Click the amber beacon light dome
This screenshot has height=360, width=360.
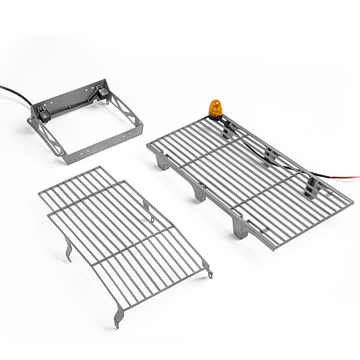(215, 107)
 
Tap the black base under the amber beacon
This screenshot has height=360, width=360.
(216, 117)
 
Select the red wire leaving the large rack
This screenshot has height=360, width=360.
(347, 177)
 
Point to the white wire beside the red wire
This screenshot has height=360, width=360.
(347, 179)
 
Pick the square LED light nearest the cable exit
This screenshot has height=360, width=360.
(44, 115)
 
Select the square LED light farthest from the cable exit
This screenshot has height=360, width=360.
(102, 92)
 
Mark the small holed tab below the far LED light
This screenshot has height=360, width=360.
(107, 102)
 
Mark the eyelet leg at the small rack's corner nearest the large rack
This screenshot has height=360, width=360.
(209, 272)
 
